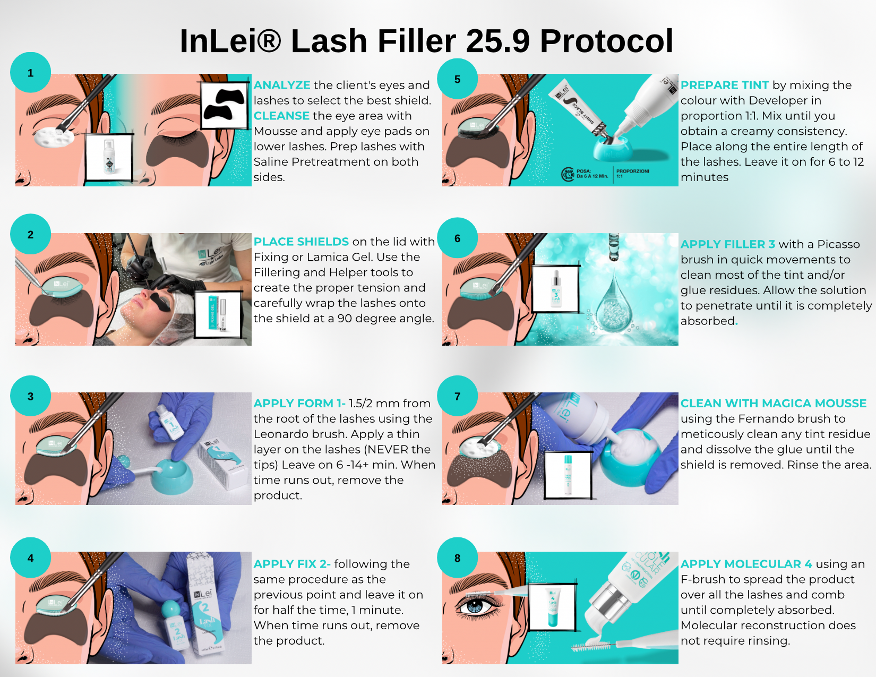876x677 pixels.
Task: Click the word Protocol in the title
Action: coord(606,41)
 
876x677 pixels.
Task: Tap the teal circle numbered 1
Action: coord(31,73)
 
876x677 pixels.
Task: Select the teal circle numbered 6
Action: coord(457,238)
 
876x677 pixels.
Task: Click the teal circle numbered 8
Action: coord(457,558)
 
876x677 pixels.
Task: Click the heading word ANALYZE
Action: coord(282,85)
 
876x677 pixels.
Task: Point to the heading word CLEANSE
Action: coord(281,116)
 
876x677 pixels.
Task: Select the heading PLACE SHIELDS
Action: coord(301,242)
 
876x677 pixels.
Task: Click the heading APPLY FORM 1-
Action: coord(299,404)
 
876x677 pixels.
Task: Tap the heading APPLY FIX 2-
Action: coord(292,564)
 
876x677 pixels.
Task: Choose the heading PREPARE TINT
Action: coord(724,85)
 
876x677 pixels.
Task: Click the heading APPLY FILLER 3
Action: coord(727,244)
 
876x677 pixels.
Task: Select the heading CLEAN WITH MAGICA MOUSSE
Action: coord(773,404)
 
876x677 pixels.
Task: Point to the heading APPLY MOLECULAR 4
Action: coord(746,564)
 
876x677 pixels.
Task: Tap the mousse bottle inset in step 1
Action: coord(109,157)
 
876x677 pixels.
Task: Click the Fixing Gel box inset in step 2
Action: coord(218,314)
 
